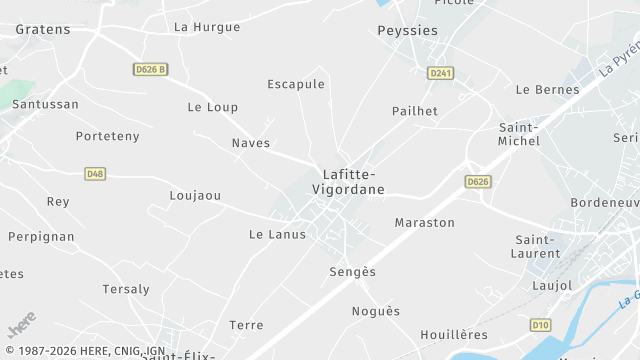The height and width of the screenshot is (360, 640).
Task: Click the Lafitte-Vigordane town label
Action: point(347,181)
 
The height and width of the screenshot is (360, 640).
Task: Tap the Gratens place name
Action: point(43,29)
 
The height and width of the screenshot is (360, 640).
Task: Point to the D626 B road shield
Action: point(150,69)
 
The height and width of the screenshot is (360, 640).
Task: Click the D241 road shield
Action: point(440,73)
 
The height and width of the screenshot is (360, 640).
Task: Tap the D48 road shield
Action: point(95,173)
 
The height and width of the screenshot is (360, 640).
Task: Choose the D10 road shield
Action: point(540,325)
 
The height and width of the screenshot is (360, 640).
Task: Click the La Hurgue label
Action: point(207,27)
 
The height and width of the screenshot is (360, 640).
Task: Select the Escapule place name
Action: point(296,84)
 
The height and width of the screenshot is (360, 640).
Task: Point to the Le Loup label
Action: point(213,107)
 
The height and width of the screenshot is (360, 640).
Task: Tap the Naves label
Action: point(251,143)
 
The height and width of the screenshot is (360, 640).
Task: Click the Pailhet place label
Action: point(415,111)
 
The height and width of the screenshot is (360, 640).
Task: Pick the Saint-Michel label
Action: point(519,134)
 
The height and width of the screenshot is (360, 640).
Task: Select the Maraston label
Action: point(425,222)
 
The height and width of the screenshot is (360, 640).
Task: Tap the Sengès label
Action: point(353,272)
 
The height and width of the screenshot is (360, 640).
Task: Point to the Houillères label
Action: point(454,334)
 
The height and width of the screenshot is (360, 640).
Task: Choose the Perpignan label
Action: point(41,237)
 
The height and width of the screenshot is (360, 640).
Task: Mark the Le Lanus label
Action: point(277,234)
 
